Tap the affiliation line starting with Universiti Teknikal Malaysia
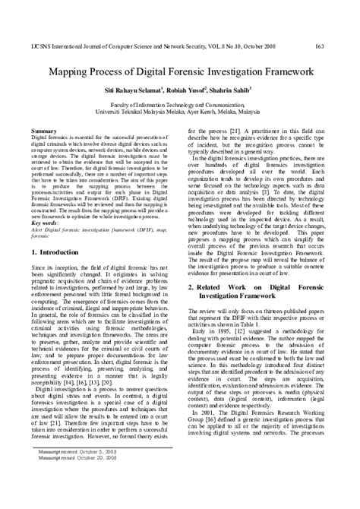pos(180,117)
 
